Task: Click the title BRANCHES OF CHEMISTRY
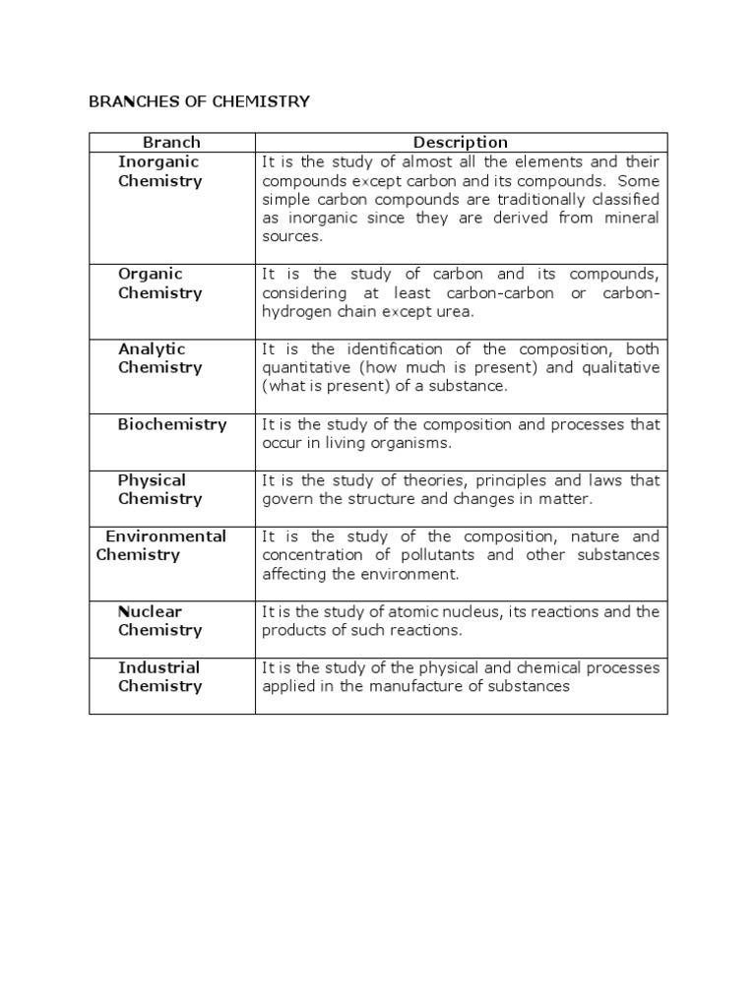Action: pyautogui.click(x=200, y=101)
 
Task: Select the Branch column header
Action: pyautogui.click(x=171, y=143)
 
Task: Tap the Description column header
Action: pyautogui.click(x=461, y=143)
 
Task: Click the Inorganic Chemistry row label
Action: pyautogui.click(x=159, y=171)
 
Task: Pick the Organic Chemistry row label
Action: pyautogui.click(x=159, y=283)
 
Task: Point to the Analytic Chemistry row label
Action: pyautogui.click(x=159, y=358)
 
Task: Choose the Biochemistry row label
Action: pyautogui.click(x=172, y=424)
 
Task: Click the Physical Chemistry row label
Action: pyautogui.click(x=159, y=489)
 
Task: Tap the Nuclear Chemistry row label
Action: pyautogui.click(x=159, y=621)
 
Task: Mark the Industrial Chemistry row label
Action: pyautogui.click(x=159, y=677)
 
